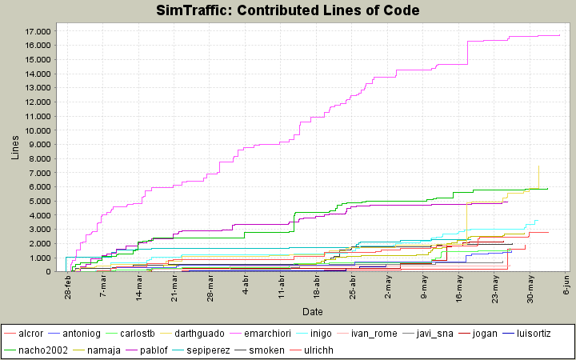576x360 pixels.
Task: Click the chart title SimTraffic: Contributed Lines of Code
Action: coord(287,10)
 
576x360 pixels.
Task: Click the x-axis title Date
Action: coord(312,310)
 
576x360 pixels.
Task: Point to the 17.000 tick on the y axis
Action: coord(38,31)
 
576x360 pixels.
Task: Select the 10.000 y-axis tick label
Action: coord(38,130)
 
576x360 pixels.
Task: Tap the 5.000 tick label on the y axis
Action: coord(40,202)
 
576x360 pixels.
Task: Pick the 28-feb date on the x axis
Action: coord(67,286)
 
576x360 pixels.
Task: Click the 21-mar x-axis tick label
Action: coord(174,286)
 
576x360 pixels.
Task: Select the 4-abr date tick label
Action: coord(246,284)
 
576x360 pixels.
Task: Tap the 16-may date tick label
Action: coord(460,286)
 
